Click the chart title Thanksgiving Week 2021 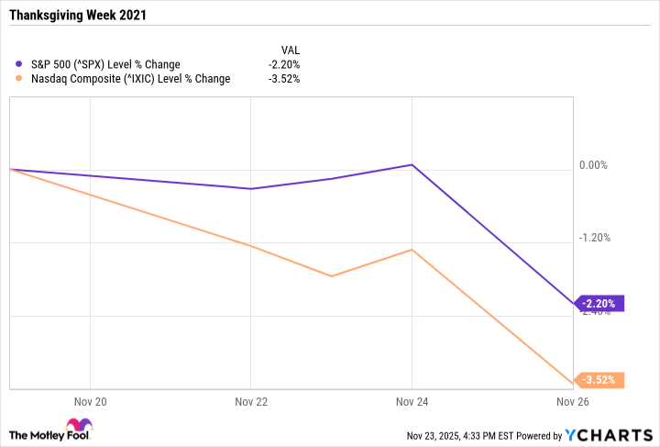click(x=75, y=17)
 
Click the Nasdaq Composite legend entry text click(x=129, y=78)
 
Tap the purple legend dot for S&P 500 click(x=19, y=64)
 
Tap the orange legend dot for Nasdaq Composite click(x=19, y=78)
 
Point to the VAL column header click(x=290, y=50)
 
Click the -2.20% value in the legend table click(x=283, y=64)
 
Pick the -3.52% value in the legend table click(x=283, y=78)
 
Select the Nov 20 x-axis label click(x=89, y=402)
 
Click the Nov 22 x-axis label click(x=250, y=402)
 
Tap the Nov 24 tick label click(x=412, y=402)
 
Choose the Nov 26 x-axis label click(x=573, y=402)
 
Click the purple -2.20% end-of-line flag click(x=600, y=304)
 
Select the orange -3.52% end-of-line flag click(x=600, y=380)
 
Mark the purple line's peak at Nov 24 click(x=412, y=165)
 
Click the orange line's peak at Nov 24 click(x=412, y=250)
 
